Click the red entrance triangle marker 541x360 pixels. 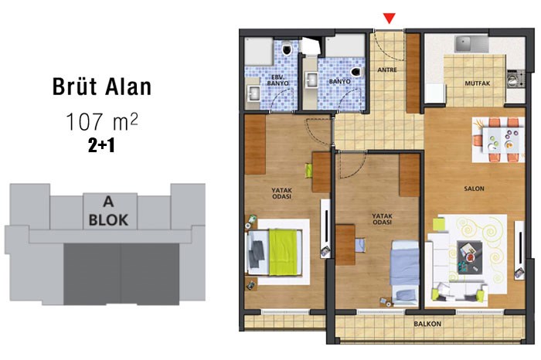point(390,19)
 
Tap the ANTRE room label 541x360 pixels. point(387,70)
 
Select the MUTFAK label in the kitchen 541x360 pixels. point(477,83)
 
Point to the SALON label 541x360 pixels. point(474,188)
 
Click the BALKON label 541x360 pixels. point(427,324)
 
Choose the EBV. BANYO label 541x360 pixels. point(277,80)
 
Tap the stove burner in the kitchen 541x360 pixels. point(515,79)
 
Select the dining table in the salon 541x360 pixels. point(503,140)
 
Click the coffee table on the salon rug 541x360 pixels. point(469,257)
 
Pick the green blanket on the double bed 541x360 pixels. point(283,253)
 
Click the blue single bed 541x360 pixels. point(405,273)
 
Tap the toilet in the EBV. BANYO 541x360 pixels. point(287,49)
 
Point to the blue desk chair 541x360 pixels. point(360,245)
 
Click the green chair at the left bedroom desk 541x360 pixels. point(309,171)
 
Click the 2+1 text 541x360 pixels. point(101,146)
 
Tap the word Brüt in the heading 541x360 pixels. point(75,87)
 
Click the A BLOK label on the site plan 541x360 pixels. point(108,211)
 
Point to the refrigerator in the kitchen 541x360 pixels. point(434,93)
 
